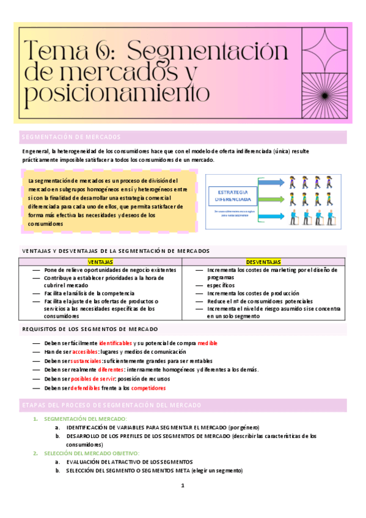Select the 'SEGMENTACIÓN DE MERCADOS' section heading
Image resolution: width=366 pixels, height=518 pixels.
tap(71, 137)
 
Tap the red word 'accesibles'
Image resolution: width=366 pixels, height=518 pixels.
tap(86, 352)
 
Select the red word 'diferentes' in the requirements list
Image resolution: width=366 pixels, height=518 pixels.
tap(106, 370)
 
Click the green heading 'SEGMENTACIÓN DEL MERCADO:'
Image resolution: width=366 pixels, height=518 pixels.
tap(86, 418)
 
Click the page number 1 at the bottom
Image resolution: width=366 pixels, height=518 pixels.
tap(182, 486)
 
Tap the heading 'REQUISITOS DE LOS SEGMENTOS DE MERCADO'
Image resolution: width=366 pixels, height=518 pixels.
tap(98, 329)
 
